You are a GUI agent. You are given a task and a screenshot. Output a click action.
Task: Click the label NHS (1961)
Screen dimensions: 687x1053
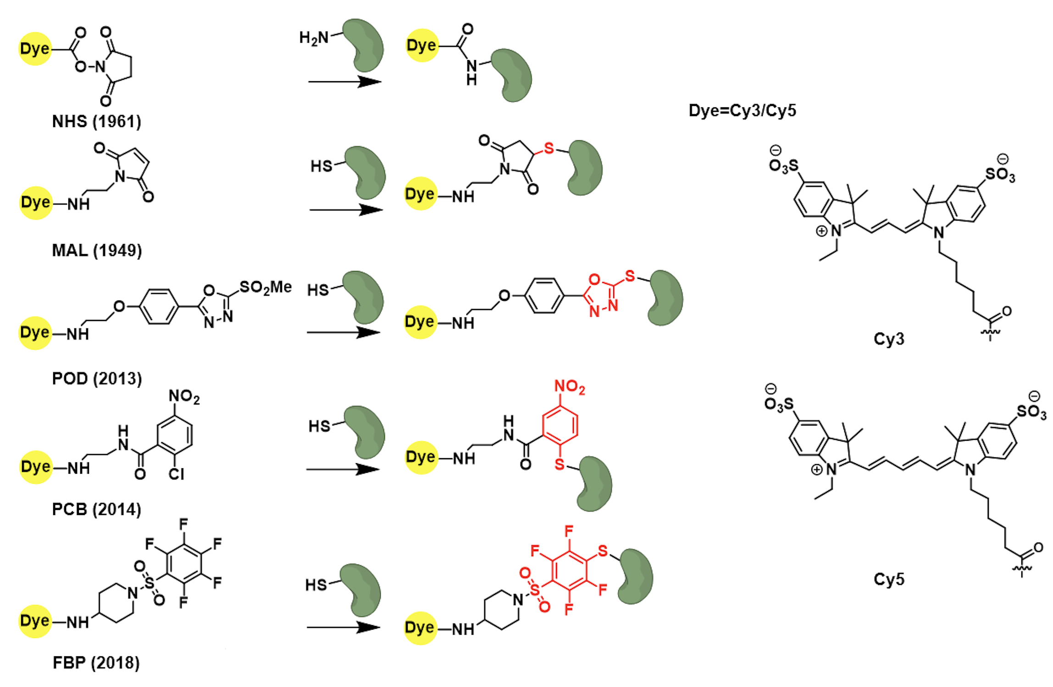tap(96, 122)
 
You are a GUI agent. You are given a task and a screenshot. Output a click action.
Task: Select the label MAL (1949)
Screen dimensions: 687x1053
tap(97, 250)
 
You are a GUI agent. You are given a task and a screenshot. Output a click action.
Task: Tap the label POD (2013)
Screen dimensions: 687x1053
tap(97, 379)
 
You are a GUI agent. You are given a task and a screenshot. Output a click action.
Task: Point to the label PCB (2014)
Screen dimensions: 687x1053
tap(96, 509)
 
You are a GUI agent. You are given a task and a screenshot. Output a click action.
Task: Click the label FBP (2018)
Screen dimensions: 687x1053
tap(96, 663)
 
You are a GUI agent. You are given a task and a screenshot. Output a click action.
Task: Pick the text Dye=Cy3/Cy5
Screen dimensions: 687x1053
tap(742, 111)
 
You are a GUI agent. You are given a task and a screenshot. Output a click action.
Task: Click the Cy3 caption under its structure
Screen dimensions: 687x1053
tap(888, 339)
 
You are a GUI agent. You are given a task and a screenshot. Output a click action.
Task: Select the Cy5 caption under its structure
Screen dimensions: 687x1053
tap(888, 579)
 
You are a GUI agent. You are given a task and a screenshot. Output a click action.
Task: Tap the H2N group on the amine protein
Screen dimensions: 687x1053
tap(314, 38)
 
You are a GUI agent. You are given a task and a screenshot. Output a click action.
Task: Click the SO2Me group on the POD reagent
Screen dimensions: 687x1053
tap(266, 288)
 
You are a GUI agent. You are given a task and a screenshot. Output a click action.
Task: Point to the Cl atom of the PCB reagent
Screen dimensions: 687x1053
tap(176, 474)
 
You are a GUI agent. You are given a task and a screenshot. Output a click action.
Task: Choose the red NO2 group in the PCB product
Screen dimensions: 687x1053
tap(570, 387)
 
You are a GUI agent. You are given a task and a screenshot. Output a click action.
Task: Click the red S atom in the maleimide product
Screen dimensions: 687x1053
tap(549, 148)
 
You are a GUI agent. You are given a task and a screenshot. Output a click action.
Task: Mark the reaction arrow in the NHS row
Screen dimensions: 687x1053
tap(344, 82)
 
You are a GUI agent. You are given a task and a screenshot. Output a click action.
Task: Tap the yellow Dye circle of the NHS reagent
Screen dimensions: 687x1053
tap(35, 49)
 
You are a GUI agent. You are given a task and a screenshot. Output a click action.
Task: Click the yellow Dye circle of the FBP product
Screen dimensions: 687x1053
tap(420, 628)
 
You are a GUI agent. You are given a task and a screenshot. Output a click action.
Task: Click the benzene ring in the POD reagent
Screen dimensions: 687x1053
tap(159, 306)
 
